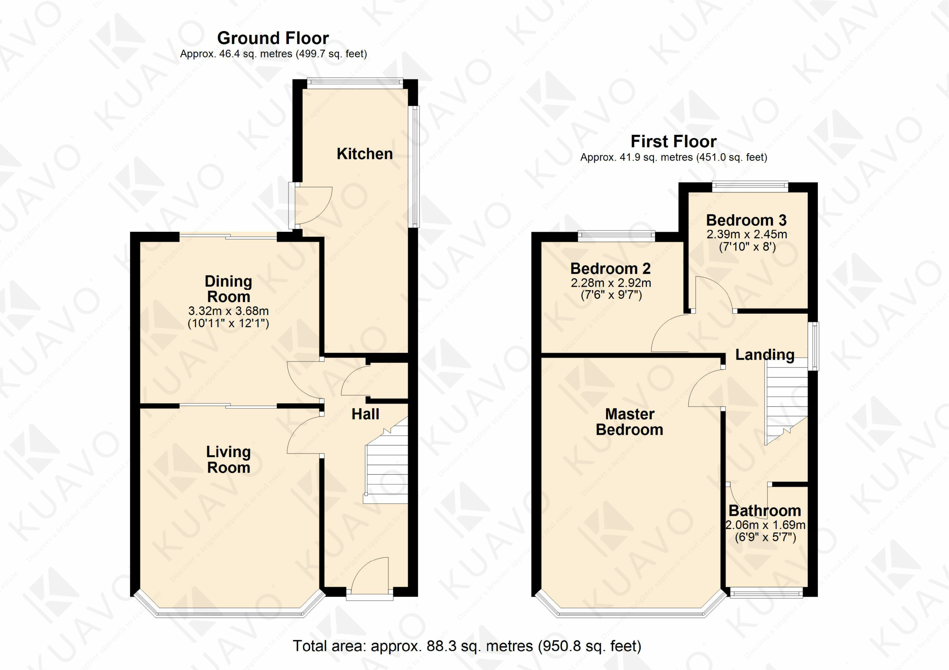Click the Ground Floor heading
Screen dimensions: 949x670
point(273,38)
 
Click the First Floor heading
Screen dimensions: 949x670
point(673,141)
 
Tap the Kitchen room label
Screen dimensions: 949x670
point(364,154)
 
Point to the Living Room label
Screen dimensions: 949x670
point(229,459)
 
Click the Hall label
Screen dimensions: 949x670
point(366,414)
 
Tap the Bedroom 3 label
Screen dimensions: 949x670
point(746,220)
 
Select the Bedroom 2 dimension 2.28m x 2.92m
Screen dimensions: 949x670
point(611,283)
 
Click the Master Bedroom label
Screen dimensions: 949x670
point(629,422)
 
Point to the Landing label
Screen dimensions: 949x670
point(765,355)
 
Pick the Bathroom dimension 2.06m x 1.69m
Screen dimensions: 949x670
point(766,525)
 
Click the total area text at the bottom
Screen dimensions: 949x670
point(467,646)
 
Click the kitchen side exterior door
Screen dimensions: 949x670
point(311,205)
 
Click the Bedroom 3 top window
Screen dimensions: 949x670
point(750,187)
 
